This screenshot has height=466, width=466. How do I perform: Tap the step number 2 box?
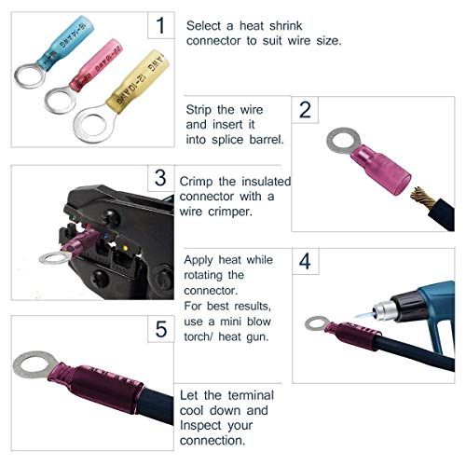pos(304,111)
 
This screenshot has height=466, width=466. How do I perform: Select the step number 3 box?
pos(160,177)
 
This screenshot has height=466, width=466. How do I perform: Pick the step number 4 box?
pos(304,263)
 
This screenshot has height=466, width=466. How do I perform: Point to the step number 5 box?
pos(160,329)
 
